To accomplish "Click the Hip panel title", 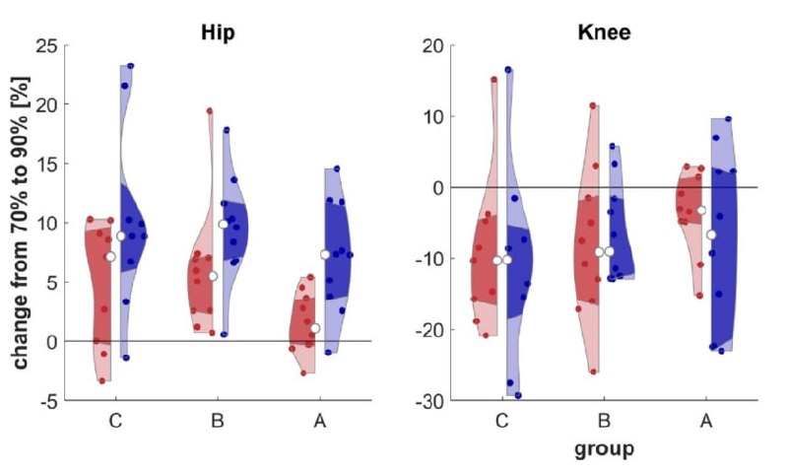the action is click(218, 33).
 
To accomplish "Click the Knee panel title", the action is click(604, 33).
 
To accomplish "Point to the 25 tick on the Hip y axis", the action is click(49, 45).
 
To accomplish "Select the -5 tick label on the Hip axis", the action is click(49, 401).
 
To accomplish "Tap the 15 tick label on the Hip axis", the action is click(49, 164).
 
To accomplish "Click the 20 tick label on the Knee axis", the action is click(431, 45).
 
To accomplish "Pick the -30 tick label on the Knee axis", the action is click(428, 401).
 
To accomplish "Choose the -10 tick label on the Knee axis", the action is click(428, 258).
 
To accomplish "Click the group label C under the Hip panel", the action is click(115, 420).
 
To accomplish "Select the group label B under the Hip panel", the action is click(218, 420).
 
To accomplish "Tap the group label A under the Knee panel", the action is click(706, 420).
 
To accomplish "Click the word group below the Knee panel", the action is click(604, 449).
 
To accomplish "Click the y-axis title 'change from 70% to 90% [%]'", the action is click(21, 223).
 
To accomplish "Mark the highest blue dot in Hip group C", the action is click(131, 66).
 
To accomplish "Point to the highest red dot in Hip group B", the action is click(210, 111).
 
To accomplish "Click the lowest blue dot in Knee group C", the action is click(518, 395).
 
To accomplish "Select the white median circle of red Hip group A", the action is click(315, 328).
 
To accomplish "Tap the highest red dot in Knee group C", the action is click(494, 80).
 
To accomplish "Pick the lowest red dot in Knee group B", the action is click(593, 372).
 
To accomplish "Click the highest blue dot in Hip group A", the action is click(337, 169).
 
